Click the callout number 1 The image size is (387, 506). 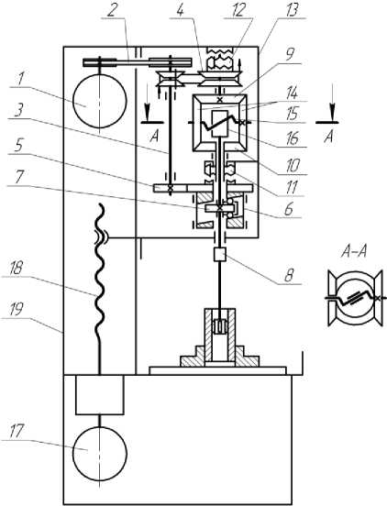[20, 80]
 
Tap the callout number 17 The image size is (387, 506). [17, 431]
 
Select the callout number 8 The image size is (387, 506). [288, 277]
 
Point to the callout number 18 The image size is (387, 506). [17, 268]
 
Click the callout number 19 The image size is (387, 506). [16, 309]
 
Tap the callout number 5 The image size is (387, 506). [18, 146]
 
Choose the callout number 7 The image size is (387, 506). [20, 178]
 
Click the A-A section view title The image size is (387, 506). [354, 251]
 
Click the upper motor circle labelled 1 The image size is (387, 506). [100, 101]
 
